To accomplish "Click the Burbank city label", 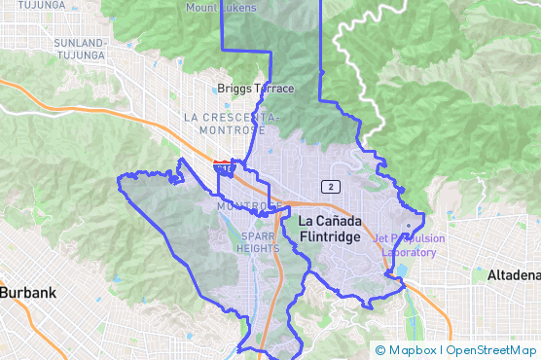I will [28, 292].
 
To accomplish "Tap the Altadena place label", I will [513, 275].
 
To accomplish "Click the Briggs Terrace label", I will [255, 89].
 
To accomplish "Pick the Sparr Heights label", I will [257, 240].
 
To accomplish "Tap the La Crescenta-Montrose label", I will [232, 123].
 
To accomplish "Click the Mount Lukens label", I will [223, 8].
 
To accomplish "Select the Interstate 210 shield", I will [224, 168].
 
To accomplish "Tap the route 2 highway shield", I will [333, 186].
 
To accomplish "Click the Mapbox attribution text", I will [414, 350].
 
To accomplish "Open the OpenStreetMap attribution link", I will [491, 350].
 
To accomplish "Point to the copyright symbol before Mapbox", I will [380, 350].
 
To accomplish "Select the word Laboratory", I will [409, 253].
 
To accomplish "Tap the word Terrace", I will [273, 89].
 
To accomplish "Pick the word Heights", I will [257, 247].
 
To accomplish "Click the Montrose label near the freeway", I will [243, 206].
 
